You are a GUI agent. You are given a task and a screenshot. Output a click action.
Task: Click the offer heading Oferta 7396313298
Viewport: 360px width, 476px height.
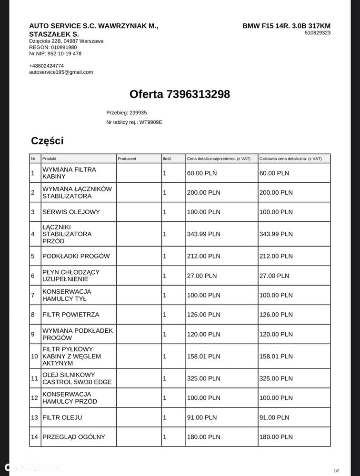pos(180,94)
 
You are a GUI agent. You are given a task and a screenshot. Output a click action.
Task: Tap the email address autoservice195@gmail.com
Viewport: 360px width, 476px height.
pos(61,72)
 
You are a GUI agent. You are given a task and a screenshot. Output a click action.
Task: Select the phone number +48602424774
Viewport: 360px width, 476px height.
pos(46,66)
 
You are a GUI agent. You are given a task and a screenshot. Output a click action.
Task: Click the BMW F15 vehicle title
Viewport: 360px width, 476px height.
pos(286,26)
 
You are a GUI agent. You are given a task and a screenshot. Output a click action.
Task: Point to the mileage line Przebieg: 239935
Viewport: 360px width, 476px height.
pos(126,113)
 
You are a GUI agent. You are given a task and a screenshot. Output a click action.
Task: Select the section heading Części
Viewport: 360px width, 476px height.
pos(47,141)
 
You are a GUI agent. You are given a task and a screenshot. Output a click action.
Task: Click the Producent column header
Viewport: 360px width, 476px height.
pos(127,159)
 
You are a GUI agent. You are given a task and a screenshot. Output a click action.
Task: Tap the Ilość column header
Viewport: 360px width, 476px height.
pos(167,159)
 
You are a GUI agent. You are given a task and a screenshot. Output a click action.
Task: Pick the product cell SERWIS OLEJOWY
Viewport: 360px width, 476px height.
pos(71,212)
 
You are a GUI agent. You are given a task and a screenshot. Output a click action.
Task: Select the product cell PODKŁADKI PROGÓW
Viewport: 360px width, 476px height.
pos(76,256)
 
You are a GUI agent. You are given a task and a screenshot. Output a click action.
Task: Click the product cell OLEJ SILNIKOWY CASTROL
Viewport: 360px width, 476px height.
pos(72,378)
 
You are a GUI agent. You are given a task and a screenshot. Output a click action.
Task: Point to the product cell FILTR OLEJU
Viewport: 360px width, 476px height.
pos(62,417)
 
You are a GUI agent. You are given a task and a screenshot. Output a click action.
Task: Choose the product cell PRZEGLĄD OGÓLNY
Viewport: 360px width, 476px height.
pos(74,437)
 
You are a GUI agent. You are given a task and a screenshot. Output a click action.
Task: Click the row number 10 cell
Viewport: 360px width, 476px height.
pos(34,357)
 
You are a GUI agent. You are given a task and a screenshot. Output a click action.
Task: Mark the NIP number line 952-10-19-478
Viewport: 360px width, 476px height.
pos(55,54)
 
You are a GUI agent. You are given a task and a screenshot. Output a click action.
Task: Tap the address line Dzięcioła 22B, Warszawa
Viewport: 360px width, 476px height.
pos(66,41)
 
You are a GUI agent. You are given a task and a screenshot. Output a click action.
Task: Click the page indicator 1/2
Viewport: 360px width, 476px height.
pos(337,471)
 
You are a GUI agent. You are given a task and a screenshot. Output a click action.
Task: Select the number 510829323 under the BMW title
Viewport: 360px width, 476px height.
pos(318,33)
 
